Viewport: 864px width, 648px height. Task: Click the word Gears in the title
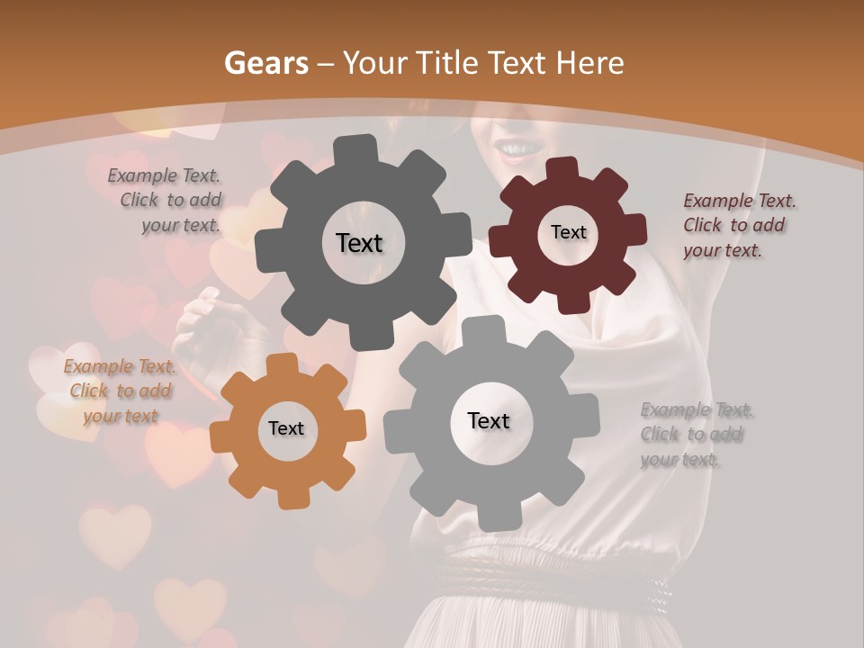tap(265, 63)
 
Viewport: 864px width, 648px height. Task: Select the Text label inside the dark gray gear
tap(359, 243)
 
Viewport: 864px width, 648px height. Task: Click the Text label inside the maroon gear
tap(568, 232)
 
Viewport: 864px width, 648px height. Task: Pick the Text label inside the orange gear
tap(286, 428)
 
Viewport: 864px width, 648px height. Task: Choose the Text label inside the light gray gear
tap(489, 420)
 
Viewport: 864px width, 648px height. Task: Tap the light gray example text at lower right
tap(695, 435)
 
